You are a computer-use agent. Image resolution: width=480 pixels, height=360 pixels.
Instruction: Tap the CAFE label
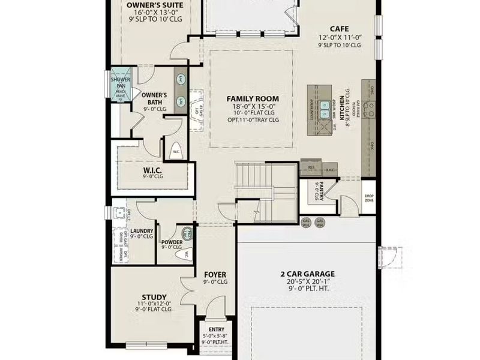coord(340,28)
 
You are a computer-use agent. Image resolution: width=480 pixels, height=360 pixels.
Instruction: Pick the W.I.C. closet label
coord(153,170)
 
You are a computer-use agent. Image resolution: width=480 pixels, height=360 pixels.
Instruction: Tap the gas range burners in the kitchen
coord(370,108)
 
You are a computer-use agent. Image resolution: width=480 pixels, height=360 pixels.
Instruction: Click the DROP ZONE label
coord(369,198)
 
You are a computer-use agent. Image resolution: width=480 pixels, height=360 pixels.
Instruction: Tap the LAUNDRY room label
coord(142,231)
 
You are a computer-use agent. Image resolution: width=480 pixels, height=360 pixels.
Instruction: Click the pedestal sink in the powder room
coord(187,232)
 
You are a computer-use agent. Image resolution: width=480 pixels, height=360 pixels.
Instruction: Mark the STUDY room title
coord(154,296)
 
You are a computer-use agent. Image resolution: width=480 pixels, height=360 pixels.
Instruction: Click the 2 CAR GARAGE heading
coord(307,274)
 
